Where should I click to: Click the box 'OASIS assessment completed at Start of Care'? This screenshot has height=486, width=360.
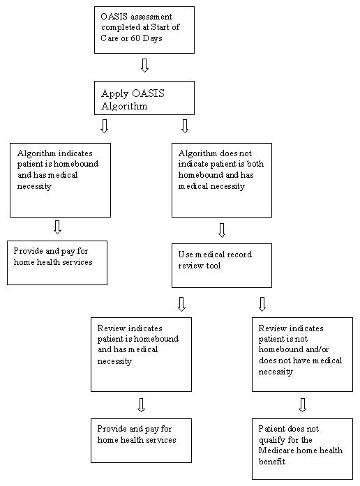tap(144, 30)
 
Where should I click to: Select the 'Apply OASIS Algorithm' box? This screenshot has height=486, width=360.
tap(144, 98)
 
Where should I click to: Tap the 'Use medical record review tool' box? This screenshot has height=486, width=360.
tap(222, 266)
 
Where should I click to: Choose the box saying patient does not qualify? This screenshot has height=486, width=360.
tap(302, 448)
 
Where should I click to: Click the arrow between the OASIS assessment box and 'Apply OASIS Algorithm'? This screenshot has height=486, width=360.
tap(144, 66)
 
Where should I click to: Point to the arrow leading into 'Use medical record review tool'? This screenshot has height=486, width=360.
tap(222, 230)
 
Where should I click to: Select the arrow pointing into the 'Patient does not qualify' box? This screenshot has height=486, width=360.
tap(303, 404)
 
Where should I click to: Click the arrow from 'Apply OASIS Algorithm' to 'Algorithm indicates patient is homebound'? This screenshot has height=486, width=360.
tap(104, 126)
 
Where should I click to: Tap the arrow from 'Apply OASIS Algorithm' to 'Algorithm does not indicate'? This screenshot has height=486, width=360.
tap(185, 126)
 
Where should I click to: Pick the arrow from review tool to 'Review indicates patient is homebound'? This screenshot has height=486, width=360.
tap(181, 303)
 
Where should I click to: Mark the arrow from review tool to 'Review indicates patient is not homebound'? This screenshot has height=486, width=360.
tap(262, 303)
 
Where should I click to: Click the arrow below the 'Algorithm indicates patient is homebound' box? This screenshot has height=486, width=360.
tap(57, 227)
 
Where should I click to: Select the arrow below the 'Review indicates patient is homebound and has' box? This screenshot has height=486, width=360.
tap(142, 404)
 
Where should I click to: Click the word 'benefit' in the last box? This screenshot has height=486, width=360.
tap(273, 461)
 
